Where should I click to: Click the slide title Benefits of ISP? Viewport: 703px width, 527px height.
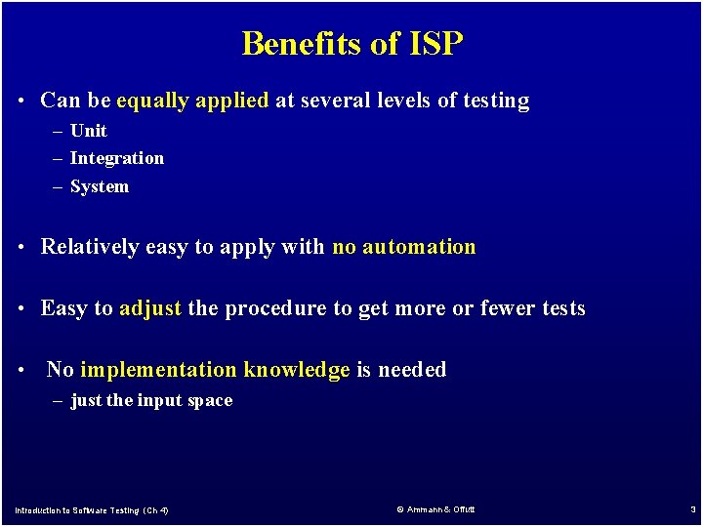[x=351, y=44]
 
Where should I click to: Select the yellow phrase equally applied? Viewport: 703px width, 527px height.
[x=191, y=101]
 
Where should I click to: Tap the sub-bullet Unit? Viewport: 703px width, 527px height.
[x=88, y=131]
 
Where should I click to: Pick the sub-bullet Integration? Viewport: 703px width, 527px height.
[x=116, y=158]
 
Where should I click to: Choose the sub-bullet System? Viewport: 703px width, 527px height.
[x=99, y=186]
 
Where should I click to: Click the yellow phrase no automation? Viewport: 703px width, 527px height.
[x=403, y=247]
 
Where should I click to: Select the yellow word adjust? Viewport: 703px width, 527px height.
[x=150, y=309]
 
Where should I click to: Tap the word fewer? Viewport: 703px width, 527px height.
[x=508, y=309]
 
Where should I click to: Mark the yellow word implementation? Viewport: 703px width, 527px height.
[x=158, y=370]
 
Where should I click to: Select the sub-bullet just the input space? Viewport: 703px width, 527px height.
[x=151, y=401]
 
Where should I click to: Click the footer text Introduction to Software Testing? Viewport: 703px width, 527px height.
[x=92, y=510]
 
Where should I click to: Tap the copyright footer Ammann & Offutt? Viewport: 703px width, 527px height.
[x=435, y=509]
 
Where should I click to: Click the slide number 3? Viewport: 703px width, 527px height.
[x=692, y=509]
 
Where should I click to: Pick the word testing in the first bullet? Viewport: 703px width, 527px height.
[x=497, y=101]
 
